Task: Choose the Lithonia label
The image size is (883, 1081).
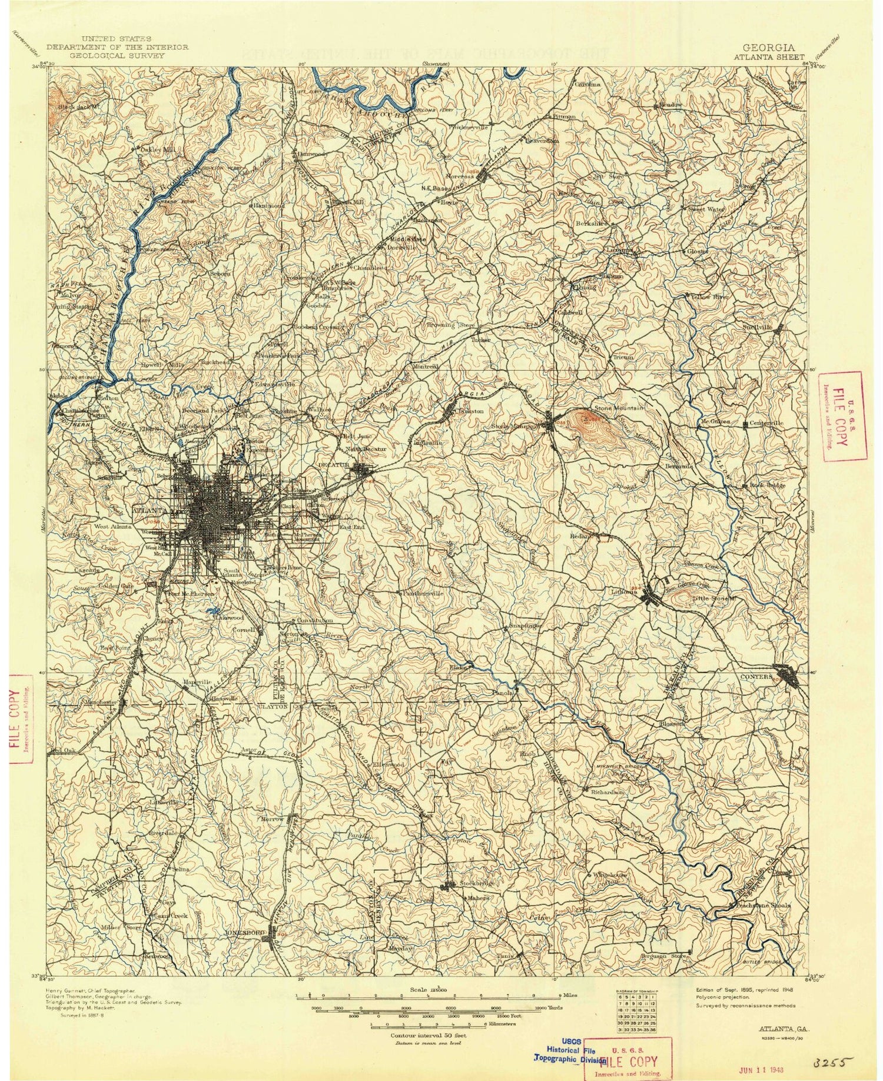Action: (624, 592)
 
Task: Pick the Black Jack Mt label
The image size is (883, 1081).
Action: (78, 107)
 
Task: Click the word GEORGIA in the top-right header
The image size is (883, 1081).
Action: (769, 48)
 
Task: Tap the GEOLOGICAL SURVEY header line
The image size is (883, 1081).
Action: (118, 55)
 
